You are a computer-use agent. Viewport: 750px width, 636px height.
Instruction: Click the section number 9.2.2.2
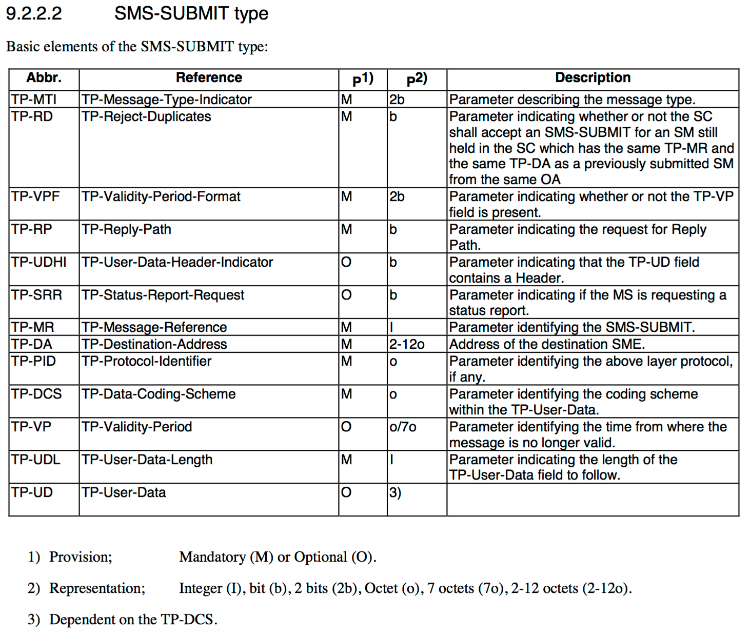34,13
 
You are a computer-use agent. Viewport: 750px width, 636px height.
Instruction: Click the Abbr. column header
44,78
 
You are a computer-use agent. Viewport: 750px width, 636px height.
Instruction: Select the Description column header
593,78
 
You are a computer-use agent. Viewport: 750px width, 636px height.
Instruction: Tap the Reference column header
209,78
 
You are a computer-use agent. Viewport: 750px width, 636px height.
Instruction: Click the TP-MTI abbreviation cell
34,100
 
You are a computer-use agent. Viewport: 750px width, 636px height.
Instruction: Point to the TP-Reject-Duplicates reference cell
146,117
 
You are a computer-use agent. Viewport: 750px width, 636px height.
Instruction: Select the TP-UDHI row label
39,262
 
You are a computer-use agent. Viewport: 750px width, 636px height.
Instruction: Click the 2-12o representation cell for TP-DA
406,344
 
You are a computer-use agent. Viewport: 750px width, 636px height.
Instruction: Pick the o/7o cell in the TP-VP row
403,427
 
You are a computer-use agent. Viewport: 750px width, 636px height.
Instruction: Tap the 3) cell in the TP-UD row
395,492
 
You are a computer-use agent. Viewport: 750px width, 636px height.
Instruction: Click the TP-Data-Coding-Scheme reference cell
159,394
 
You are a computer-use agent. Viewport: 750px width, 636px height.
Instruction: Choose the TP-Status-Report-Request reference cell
163,295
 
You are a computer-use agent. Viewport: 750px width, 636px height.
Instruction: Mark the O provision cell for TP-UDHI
346,262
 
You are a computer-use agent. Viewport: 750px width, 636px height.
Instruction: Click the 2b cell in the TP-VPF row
397,196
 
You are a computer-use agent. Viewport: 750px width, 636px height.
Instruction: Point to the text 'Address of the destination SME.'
547,344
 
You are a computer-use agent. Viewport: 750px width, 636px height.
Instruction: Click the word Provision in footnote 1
80,557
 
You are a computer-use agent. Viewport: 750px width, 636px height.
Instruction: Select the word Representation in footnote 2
97,588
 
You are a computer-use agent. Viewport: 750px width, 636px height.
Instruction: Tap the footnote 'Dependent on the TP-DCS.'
133,620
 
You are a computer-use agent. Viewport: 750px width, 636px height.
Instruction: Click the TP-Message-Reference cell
154,327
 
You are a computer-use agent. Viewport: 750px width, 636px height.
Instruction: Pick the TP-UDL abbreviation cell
36,460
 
